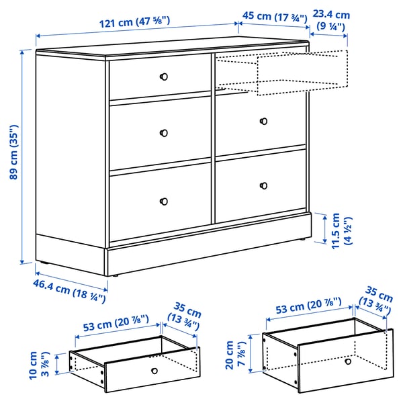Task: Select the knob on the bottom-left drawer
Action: [164, 200]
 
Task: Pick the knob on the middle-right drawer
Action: [263, 121]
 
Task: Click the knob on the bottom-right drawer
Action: [263, 185]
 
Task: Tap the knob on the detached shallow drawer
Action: [154, 370]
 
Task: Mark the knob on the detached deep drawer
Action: [347, 361]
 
